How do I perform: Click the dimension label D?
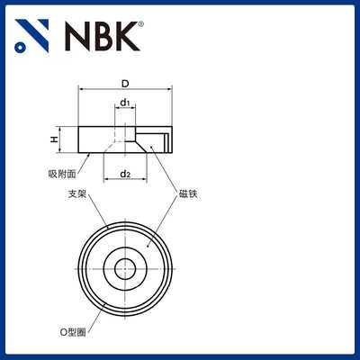[x=124, y=83]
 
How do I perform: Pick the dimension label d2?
[x=126, y=174]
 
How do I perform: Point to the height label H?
[x=54, y=139]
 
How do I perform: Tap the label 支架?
[x=77, y=193]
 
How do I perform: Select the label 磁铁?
[x=187, y=193]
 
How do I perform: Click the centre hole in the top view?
[x=124, y=267]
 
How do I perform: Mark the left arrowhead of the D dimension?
[x=82, y=90]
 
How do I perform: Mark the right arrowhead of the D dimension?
[x=168, y=90]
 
